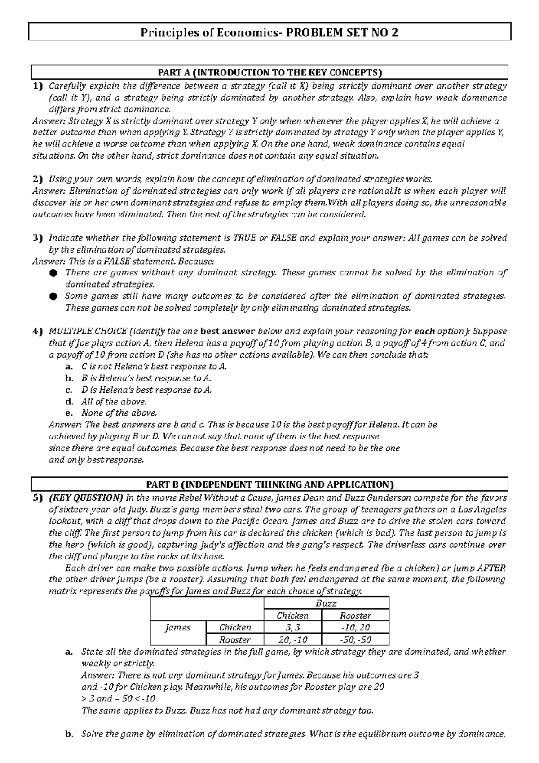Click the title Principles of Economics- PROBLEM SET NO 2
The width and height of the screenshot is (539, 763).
pos(269,32)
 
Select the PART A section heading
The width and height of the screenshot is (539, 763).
pos(269,72)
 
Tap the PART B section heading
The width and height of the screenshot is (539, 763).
pos(269,484)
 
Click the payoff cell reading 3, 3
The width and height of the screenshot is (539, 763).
pos(292,627)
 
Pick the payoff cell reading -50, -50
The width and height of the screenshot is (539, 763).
pos(355,639)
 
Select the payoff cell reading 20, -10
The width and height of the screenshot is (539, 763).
pos(292,639)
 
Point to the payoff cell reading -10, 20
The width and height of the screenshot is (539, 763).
pos(355,627)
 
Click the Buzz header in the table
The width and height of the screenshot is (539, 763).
pos(326,603)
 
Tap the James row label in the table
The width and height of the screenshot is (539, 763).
pos(178,627)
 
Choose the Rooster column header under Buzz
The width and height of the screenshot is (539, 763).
pos(355,616)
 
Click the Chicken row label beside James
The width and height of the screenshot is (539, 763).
pos(234,627)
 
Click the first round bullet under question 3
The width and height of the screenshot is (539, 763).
pos(53,273)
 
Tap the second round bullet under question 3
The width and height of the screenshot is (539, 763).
pos(53,296)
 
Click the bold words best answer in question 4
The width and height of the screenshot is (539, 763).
pos(227,332)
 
